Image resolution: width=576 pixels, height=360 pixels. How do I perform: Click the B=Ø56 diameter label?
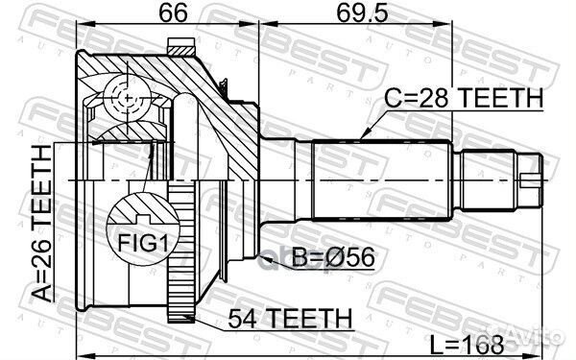pyautogui.click(x=331, y=256)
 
